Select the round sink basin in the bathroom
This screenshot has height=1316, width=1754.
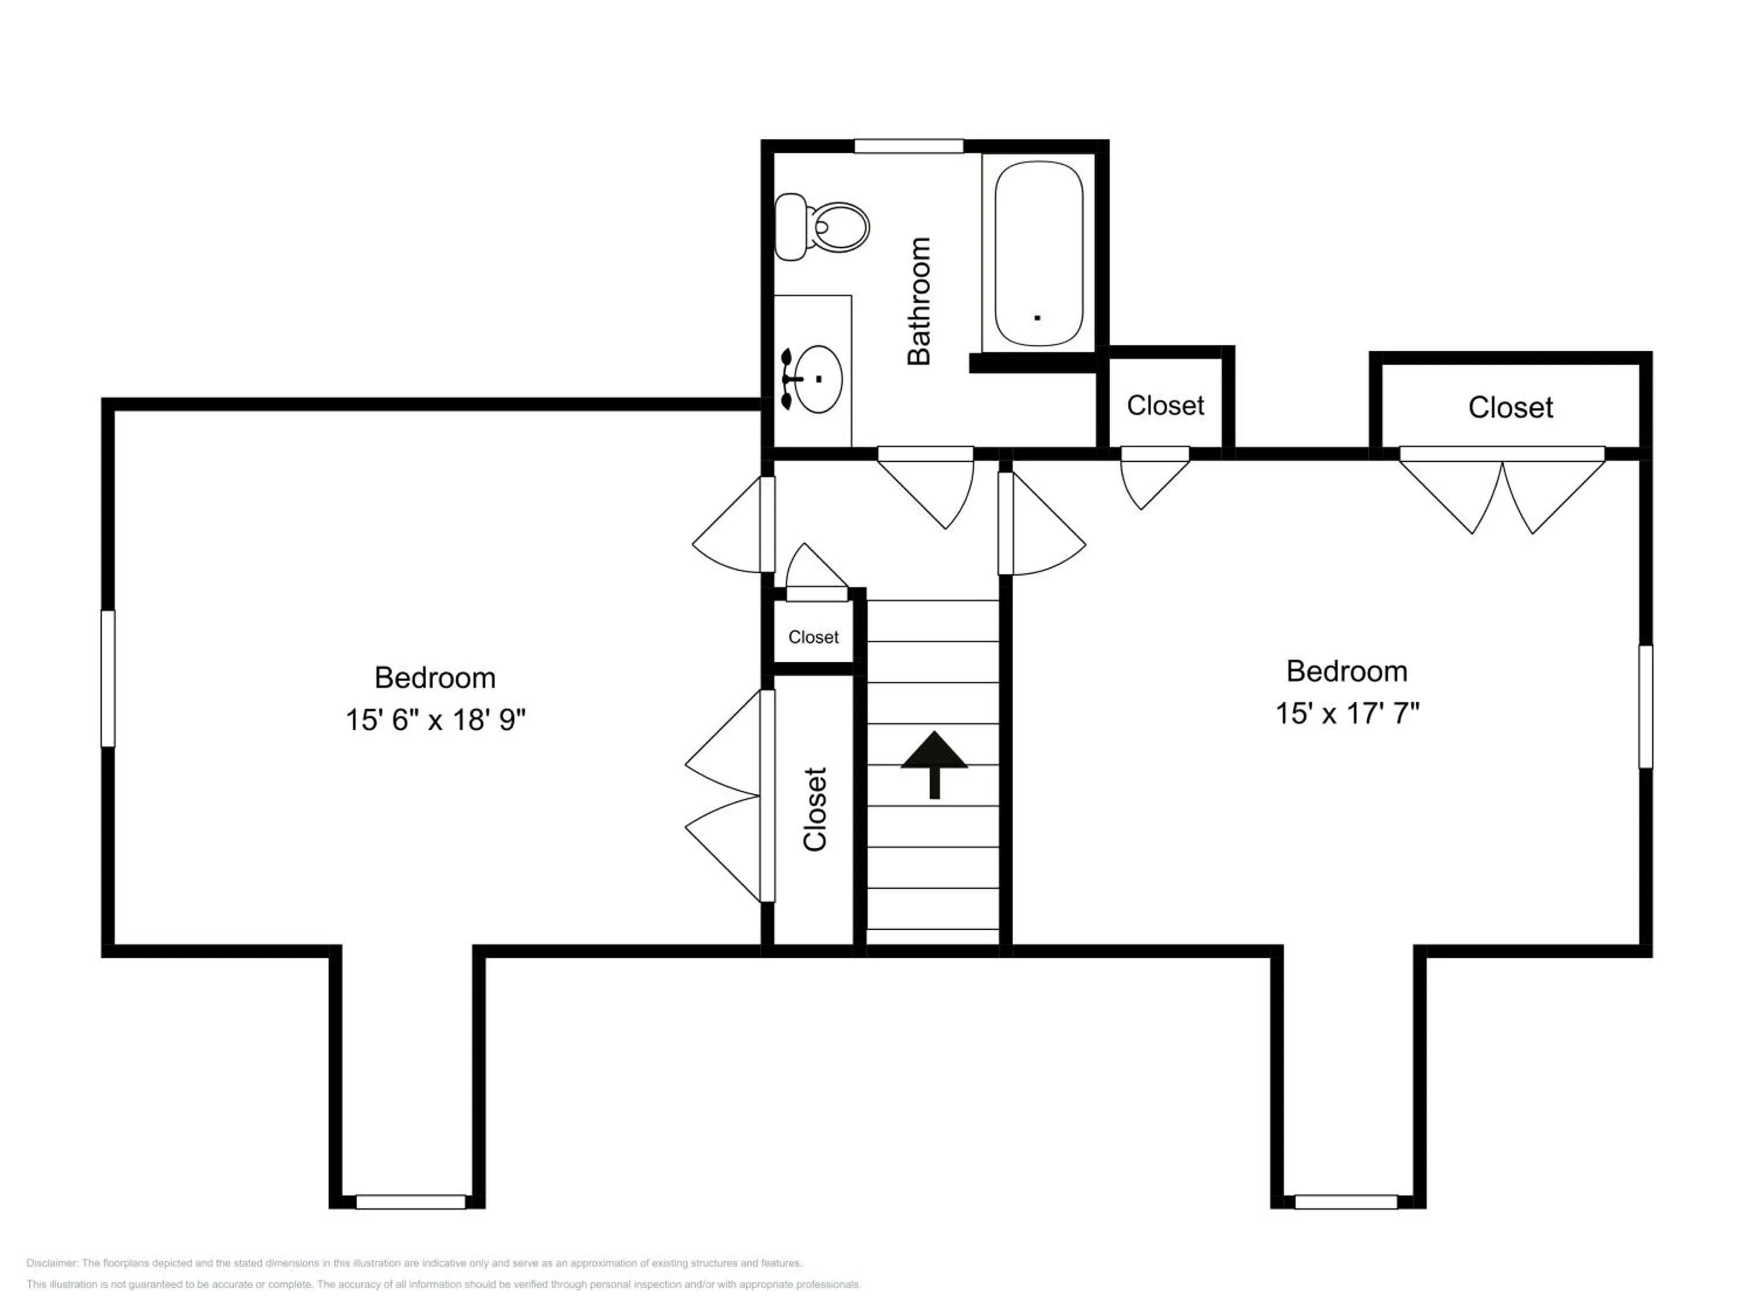pos(817,379)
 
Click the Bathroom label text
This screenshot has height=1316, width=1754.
pos(919,301)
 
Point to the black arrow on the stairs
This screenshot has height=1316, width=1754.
pos(934,762)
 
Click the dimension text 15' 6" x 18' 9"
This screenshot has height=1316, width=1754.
pos(436,719)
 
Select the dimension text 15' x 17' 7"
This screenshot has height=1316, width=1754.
pos(1346,713)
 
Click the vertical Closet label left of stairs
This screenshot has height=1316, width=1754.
pos(815,809)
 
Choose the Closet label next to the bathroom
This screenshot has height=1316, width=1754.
pos(1165,405)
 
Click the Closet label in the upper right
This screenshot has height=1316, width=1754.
pos(1510,408)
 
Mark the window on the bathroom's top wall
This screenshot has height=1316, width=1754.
pos(908,147)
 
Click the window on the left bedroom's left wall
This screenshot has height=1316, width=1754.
pos(108,678)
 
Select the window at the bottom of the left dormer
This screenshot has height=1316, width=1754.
pos(410,1202)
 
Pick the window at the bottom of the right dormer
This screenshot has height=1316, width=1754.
pos(1346,1202)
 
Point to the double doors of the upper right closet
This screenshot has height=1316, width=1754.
pos(1502,492)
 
